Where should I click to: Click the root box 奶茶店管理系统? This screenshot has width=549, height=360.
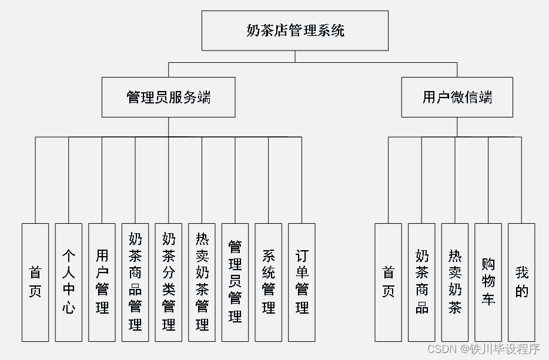click(295, 31)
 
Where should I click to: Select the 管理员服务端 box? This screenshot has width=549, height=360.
click(168, 97)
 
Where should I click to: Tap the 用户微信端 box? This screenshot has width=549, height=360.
click(457, 97)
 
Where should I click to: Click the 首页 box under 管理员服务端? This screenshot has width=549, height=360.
click(35, 282)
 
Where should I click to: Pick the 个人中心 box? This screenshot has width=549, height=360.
click(69, 282)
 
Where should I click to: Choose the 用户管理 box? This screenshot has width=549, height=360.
click(102, 282)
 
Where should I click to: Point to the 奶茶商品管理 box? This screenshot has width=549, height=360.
click(135, 282)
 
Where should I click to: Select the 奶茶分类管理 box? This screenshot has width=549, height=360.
click(169, 282)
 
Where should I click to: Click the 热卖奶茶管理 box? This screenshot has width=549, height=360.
click(202, 282)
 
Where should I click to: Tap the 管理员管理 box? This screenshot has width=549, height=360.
click(235, 282)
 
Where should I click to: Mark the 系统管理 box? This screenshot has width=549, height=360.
click(269, 282)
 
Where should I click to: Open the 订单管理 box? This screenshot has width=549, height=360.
click(302, 282)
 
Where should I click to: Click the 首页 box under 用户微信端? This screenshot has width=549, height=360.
click(389, 282)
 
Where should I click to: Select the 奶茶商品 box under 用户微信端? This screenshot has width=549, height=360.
click(422, 282)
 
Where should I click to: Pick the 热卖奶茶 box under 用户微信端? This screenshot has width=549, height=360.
click(455, 282)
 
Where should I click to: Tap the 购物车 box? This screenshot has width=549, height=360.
click(488, 282)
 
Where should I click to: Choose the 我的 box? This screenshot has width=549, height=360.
click(521, 282)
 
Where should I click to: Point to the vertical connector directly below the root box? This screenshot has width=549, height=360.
click(295, 56)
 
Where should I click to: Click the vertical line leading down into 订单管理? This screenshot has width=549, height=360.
click(302, 182)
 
